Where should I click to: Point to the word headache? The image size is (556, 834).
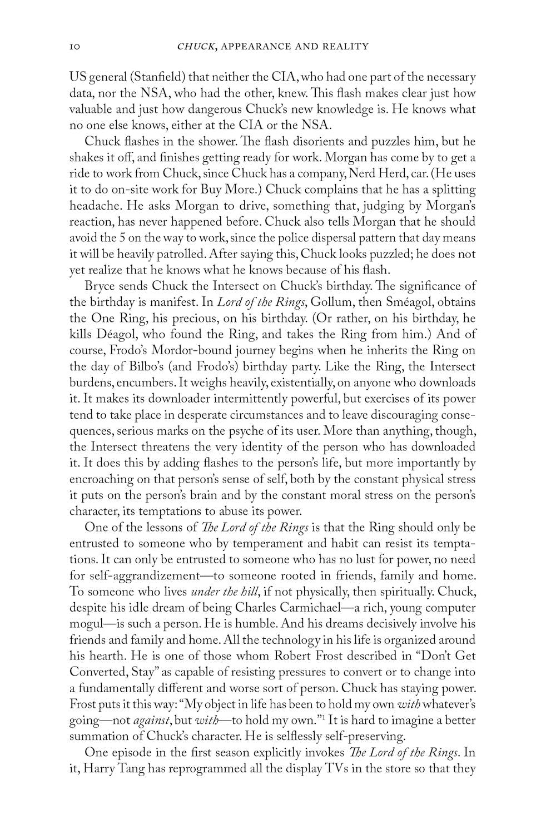point(95,206)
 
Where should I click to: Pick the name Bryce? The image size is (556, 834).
point(100,286)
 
